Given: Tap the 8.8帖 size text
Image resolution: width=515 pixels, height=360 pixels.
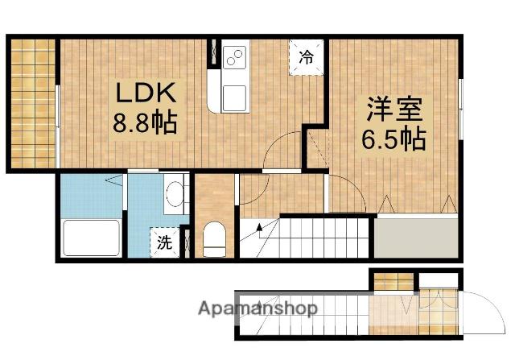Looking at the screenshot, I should pyautogui.click(x=146, y=124).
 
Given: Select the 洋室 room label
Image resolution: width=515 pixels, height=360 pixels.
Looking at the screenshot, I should pyautogui.click(x=394, y=109).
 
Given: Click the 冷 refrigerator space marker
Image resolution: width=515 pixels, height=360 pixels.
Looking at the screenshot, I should pyautogui.click(x=307, y=56).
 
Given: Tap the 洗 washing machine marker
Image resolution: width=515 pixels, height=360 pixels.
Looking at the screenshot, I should pyautogui.click(x=164, y=242).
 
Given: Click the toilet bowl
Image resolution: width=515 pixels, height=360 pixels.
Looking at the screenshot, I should pyautogui.click(x=214, y=239).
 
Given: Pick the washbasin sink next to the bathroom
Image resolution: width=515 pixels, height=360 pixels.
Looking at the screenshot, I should pyautogui.click(x=175, y=194).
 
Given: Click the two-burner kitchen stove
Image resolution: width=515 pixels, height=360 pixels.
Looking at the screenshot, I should pyautogui.click(x=235, y=56).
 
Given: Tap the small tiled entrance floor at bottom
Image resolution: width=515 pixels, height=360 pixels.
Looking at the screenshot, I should pyautogui.click(x=394, y=282).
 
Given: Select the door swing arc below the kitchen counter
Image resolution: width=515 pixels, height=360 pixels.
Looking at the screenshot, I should pyautogui.click(x=283, y=153).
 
